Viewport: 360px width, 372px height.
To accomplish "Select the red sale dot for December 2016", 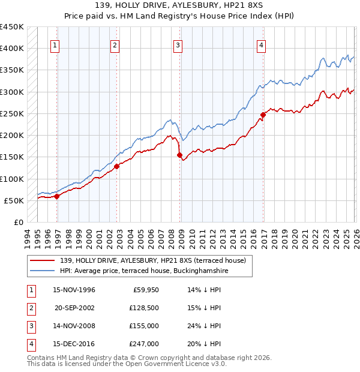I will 263,115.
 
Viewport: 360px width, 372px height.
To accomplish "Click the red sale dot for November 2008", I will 179,155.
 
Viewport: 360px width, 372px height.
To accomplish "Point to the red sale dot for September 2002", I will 116,166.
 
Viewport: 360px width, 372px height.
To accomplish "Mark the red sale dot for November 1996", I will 56,196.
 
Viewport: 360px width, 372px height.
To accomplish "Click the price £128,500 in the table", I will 145,307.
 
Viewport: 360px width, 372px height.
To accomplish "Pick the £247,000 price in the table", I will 145,344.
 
